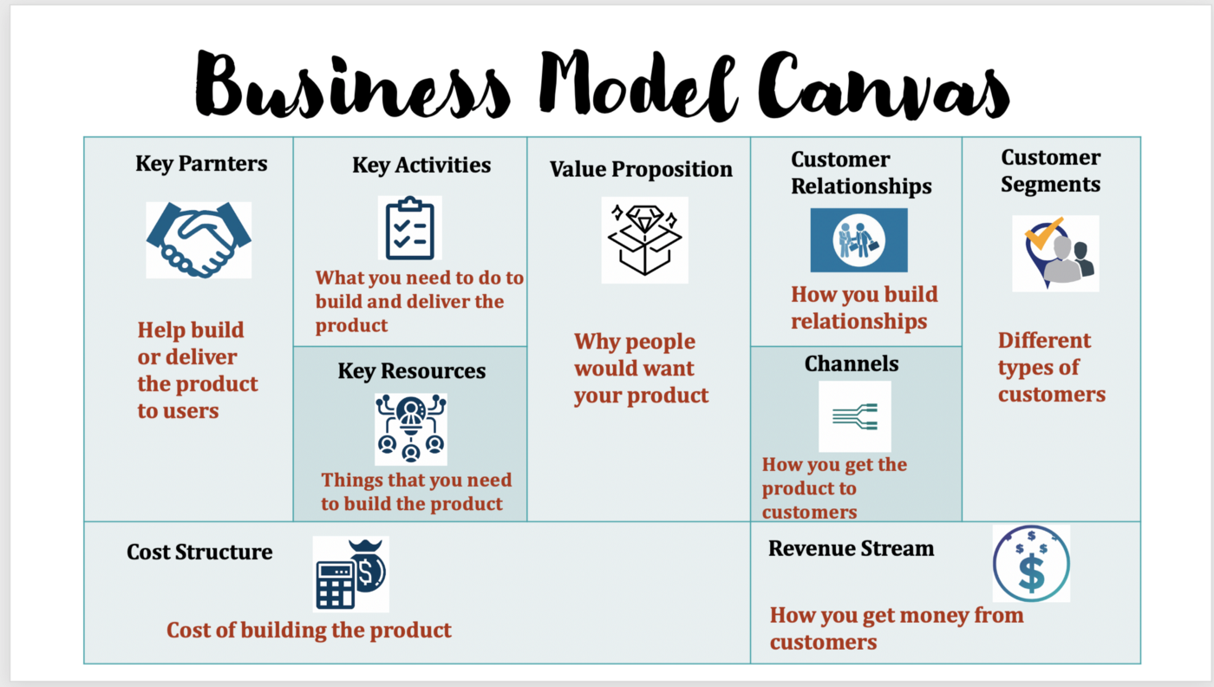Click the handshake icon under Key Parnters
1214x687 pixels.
point(199,239)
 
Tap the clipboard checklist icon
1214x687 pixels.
point(409,228)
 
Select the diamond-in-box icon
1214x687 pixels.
point(644,239)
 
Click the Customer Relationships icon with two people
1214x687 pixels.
point(858,240)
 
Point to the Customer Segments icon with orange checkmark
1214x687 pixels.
point(1055,253)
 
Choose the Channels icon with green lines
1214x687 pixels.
point(855,416)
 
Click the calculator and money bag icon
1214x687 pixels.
point(350,574)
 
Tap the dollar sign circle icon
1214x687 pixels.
point(1031,564)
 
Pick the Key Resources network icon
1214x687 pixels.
point(411,429)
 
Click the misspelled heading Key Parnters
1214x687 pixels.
point(201,163)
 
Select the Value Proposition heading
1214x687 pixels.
point(641,169)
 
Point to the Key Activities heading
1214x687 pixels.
point(421,165)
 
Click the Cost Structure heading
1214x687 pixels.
point(199,552)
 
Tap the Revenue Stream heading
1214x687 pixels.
point(851,548)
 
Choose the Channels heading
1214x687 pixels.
point(852,363)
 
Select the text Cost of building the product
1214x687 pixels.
point(309,630)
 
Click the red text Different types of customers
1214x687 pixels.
point(1051,367)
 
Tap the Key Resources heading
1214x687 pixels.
point(411,371)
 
